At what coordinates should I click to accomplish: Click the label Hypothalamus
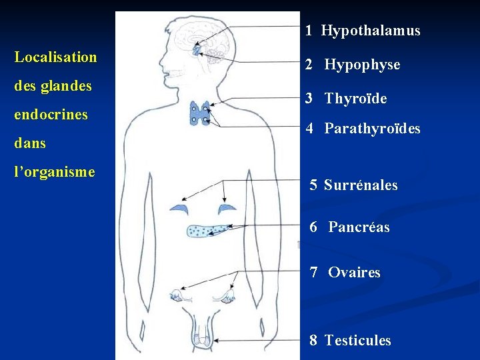click(371, 31)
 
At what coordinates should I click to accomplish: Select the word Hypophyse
click(362, 65)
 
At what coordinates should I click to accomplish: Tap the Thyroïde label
click(355, 99)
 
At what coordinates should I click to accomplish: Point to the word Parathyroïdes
click(372, 129)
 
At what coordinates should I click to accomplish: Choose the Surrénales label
click(361, 185)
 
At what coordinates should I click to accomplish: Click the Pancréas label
click(359, 227)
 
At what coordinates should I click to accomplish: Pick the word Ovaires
click(354, 273)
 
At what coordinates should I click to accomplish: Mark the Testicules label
click(357, 341)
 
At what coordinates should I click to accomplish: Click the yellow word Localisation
click(55, 57)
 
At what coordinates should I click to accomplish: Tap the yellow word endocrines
click(51, 115)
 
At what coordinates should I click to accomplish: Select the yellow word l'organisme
click(55, 172)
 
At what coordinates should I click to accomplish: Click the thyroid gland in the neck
click(200, 113)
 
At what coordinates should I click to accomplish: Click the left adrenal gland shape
click(179, 209)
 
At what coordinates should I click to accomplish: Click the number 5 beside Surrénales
click(313, 185)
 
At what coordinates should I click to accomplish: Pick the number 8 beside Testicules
click(313, 341)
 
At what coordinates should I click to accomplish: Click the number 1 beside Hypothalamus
click(309, 31)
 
